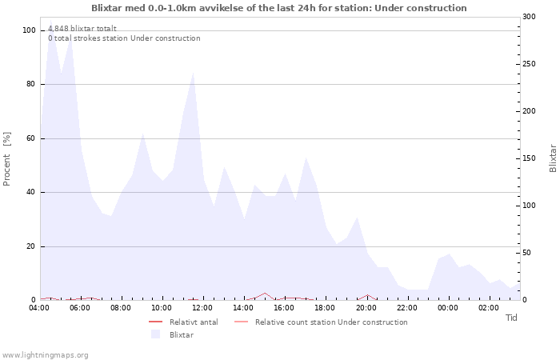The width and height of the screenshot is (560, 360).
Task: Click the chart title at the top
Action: [x=278, y=8]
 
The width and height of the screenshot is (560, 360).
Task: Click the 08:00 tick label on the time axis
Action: [x=121, y=308]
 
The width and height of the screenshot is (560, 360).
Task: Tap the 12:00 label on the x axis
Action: [x=202, y=308]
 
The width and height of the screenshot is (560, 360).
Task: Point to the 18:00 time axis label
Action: [x=325, y=308]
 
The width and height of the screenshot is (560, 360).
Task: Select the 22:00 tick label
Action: [x=406, y=308]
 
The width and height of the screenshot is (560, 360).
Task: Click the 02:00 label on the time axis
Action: [x=489, y=308]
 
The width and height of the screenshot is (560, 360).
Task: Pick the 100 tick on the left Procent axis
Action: [x=30, y=30]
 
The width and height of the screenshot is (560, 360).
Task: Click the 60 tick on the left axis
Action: [x=32, y=138]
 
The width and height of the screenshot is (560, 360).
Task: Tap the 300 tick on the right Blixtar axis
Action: [x=529, y=17]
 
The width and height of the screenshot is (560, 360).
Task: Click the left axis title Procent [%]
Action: [x=7, y=158]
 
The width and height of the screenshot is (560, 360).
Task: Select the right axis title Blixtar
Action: [x=553, y=158]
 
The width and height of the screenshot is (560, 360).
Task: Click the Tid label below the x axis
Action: [x=512, y=318]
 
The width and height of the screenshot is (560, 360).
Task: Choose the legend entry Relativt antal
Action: [x=193, y=322]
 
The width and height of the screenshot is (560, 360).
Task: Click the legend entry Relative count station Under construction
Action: [x=330, y=322]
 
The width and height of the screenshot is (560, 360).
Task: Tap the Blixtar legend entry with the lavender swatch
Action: [x=181, y=334]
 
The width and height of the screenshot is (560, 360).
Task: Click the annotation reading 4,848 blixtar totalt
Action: [x=82, y=28]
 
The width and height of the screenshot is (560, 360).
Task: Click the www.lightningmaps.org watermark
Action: [x=45, y=355]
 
